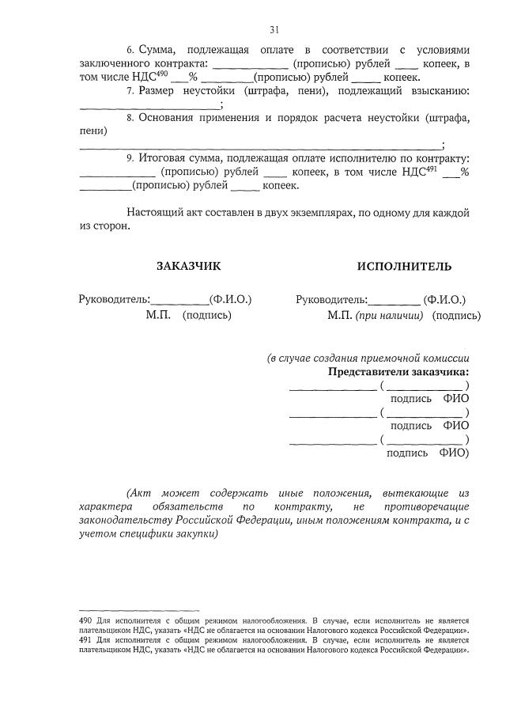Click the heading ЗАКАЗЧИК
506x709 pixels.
tap(189, 266)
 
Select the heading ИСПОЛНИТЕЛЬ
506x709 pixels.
tap(404, 266)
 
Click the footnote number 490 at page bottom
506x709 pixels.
tap(88, 621)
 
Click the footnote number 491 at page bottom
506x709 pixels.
tap(88, 639)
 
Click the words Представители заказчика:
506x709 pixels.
tap(398, 371)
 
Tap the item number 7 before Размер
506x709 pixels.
tap(130, 91)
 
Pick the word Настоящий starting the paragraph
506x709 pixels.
tap(154, 213)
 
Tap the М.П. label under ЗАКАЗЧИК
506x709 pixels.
tap(158, 315)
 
